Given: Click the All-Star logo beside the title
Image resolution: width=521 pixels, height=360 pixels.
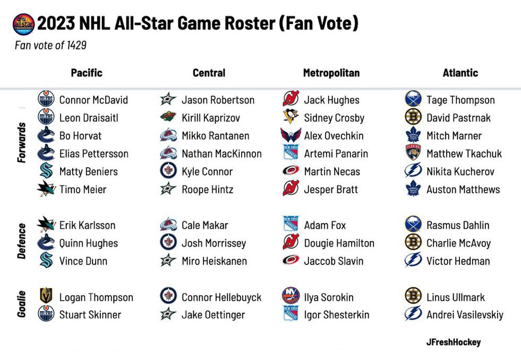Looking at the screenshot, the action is click(23, 24).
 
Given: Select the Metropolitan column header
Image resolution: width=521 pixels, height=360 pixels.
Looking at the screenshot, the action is click(331, 73).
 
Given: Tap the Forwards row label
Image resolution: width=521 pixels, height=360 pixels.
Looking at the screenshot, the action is click(21, 142).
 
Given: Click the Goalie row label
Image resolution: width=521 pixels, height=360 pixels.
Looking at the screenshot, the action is click(21, 304).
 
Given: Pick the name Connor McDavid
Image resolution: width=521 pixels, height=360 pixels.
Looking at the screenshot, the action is click(93, 100).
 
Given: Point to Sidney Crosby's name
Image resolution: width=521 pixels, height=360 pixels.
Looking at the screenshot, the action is click(334, 118).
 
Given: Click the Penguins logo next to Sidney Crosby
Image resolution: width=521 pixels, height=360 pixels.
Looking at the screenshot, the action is click(291, 117).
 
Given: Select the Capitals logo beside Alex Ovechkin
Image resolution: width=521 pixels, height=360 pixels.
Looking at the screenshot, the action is click(291, 135).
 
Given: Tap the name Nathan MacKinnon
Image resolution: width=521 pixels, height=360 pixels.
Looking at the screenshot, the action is click(221, 154).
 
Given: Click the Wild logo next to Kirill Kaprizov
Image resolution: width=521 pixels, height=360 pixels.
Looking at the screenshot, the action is click(168, 117).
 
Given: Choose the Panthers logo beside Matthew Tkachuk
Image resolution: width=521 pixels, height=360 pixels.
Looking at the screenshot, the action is click(413, 152).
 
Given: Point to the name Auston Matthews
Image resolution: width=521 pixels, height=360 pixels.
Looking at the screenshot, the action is click(463, 190).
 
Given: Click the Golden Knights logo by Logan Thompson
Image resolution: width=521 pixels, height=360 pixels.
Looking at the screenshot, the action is click(46, 296).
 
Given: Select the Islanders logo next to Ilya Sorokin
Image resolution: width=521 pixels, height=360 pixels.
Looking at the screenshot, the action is click(291, 296).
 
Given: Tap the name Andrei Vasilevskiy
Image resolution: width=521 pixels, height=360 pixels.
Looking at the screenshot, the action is click(465, 315).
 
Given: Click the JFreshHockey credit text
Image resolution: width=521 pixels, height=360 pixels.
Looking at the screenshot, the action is click(454, 342).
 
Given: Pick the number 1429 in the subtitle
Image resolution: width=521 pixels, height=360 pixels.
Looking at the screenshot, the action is click(76, 45).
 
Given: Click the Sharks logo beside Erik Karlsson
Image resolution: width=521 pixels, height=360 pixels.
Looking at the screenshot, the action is click(46, 224).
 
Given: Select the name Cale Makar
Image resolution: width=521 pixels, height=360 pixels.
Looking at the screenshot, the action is click(204, 226).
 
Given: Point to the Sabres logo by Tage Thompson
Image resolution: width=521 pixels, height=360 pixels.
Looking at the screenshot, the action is click(413, 99).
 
